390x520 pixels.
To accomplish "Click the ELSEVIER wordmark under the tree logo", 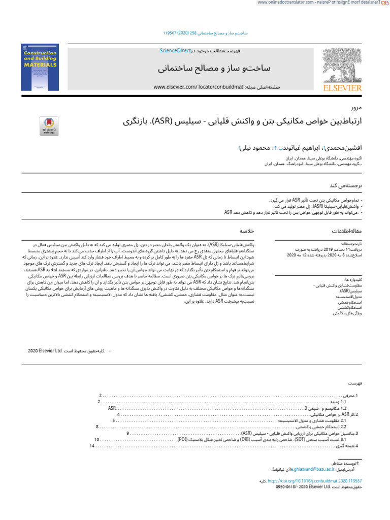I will pos(343,88).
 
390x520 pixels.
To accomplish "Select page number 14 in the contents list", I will pos(92,446).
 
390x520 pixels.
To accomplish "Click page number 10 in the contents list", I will pos(96,439).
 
